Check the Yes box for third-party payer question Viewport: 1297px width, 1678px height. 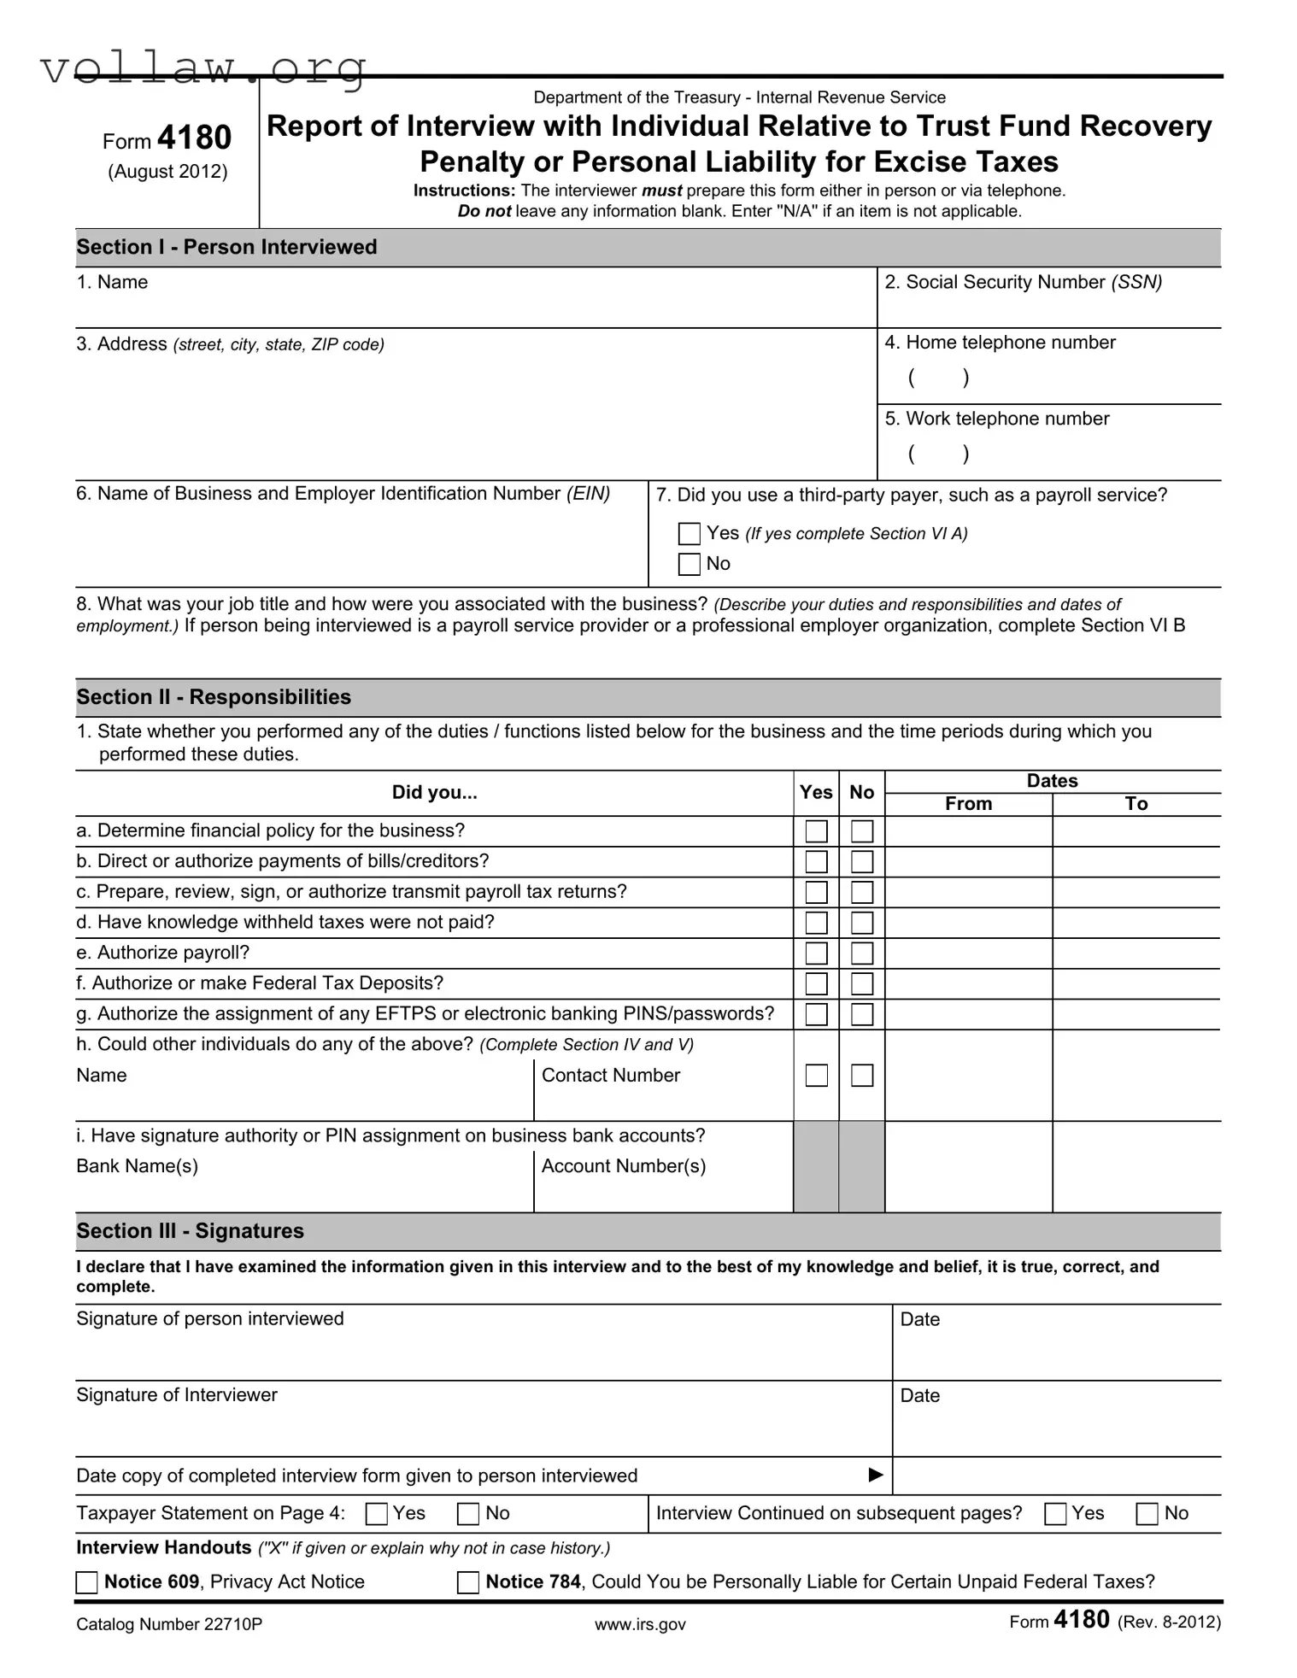pos(689,534)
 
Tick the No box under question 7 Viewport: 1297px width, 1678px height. pos(689,564)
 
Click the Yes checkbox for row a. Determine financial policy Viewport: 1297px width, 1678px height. pos(816,831)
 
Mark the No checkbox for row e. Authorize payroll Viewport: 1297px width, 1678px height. pos(862,953)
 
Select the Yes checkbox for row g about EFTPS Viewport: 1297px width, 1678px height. pos(816,1014)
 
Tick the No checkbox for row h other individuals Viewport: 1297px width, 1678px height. pos(862,1075)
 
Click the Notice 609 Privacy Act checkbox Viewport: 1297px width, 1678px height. pos(87,1582)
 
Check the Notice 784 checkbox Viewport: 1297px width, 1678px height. pos(468,1582)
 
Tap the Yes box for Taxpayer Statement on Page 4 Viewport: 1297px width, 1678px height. pos(376,1514)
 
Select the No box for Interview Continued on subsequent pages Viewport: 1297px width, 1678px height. pos(1147,1514)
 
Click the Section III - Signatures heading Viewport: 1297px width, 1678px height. pos(190,1231)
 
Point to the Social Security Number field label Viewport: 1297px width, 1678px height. pos(1023,283)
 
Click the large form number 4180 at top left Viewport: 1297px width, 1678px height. pos(195,138)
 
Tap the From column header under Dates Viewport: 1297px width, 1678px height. pos(968,804)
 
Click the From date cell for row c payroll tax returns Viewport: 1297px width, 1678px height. pos(968,892)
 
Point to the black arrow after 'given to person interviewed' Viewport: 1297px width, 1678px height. pos(875,1475)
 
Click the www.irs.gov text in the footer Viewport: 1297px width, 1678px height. pos(640,1624)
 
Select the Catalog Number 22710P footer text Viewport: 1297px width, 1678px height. pos(169,1624)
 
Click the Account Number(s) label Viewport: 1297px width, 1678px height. pos(624,1166)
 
